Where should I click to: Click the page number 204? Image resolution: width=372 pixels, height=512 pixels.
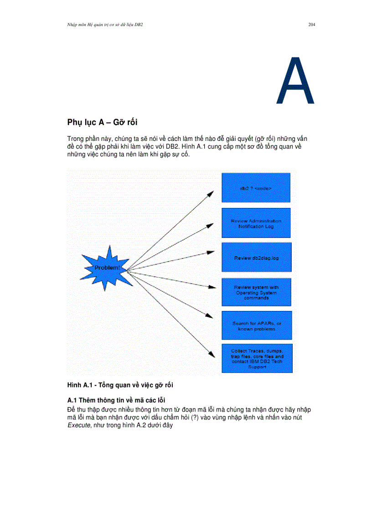[x=312, y=24]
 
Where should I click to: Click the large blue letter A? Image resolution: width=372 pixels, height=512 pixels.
[x=295, y=81]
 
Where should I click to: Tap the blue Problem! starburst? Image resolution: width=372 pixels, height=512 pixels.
[x=106, y=268]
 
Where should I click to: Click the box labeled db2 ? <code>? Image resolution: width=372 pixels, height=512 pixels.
[x=256, y=187]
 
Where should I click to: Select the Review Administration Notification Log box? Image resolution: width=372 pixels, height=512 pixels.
[x=256, y=223]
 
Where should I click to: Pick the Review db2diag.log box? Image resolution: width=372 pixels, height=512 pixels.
[x=256, y=258]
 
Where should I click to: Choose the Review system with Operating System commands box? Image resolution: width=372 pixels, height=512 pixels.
[x=256, y=292]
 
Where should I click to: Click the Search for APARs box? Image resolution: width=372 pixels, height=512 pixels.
[x=256, y=326]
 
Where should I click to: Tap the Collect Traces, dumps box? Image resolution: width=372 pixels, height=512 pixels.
[x=256, y=358]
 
